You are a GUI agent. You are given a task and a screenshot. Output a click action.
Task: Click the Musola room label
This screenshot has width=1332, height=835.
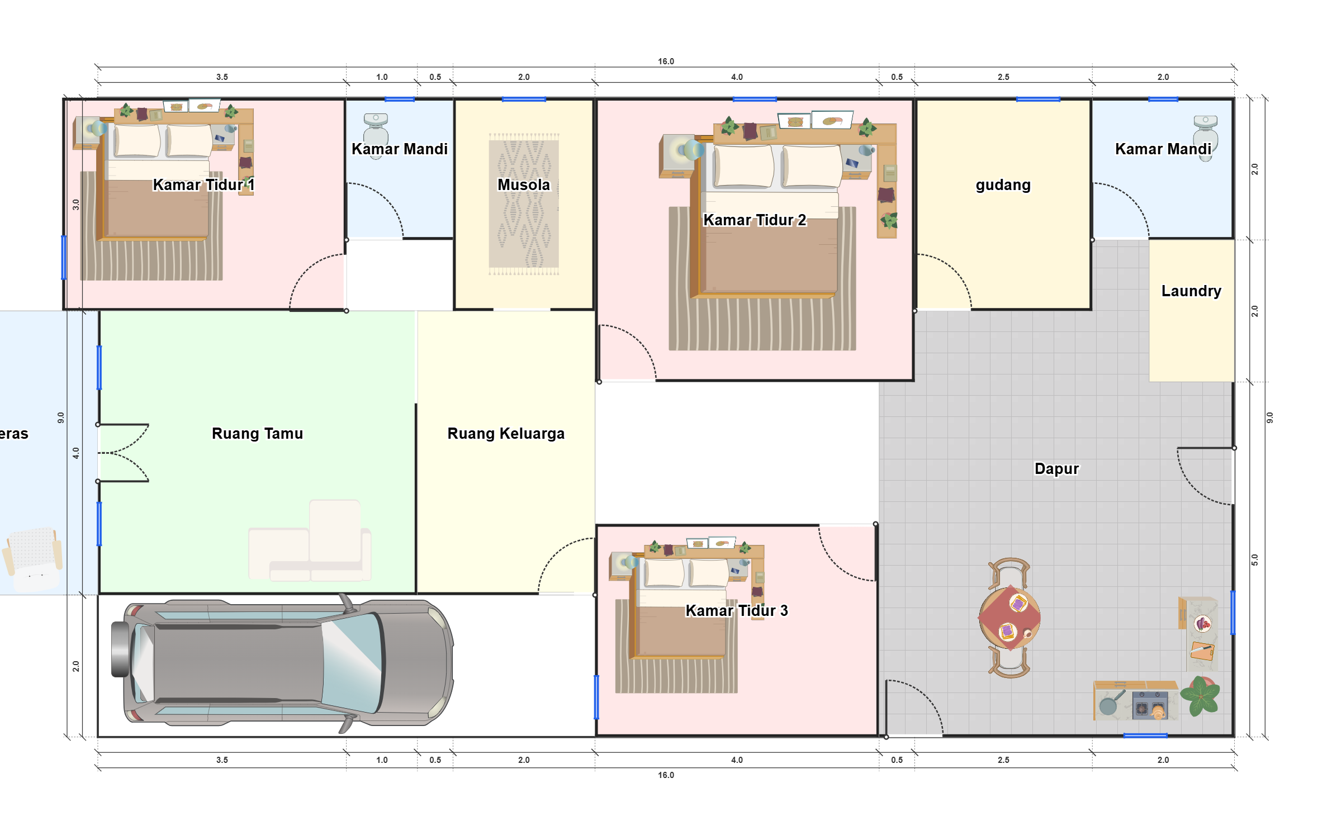coord(523,184)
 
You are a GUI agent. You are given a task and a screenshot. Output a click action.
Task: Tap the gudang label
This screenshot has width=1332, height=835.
coord(1003,185)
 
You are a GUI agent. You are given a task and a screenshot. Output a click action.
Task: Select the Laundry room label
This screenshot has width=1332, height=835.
coord(1191,291)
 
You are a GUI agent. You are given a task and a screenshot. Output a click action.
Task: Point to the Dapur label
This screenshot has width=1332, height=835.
coord(1056,468)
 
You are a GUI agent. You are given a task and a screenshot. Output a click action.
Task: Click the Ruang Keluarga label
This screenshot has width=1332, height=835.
coord(506,433)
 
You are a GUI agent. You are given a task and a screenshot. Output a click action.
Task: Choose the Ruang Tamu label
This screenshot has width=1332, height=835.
coord(257,433)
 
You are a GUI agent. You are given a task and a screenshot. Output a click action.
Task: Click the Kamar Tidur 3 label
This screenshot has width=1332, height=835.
coord(737,610)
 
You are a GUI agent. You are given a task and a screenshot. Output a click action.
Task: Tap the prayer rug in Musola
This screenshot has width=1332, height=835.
coord(524,204)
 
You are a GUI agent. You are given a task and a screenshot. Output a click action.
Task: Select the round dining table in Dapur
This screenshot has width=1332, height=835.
coord(1009,618)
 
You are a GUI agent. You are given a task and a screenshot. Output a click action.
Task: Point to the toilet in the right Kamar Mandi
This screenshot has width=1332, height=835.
coord(1206,137)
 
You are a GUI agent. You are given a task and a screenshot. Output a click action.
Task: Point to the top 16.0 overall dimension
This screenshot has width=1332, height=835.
coord(666,61)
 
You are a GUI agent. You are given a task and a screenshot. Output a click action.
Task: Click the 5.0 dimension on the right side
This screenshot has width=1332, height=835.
coord(1254,559)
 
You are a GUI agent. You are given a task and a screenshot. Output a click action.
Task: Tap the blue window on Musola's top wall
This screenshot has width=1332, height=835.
coord(524,99)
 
